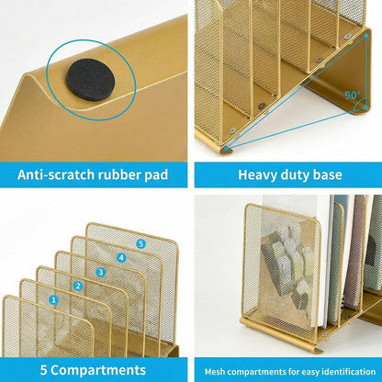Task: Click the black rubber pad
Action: pyautogui.click(x=91, y=80)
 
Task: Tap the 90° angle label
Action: pyautogui.click(x=353, y=95)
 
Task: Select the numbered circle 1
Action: pyautogui.click(x=54, y=299)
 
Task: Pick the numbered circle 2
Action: pyautogui.click(x=78, y=286)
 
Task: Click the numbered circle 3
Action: pyautogui.click(x=101, y=272)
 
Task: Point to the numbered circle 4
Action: pyautogui.click(x=121, y=258)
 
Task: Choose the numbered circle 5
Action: pyautogui.click(x=140, y=243)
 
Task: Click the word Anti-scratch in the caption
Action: pyautogui.click(x=56, y=174)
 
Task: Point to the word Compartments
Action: pyautogui.click(x=98, y=370)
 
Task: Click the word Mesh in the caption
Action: pyautogui.click(x=215, y=372)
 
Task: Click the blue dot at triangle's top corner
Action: pyautogui.click(x=366, y=36)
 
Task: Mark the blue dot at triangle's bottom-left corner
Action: pyautogui.click(x=226, y=149)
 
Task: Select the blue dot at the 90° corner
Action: pyautogui.click(x=366, y=107)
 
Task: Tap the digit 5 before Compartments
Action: pyautogui.click(x=44, y=370)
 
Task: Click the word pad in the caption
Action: pyautogui.click(x=156, y=175)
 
